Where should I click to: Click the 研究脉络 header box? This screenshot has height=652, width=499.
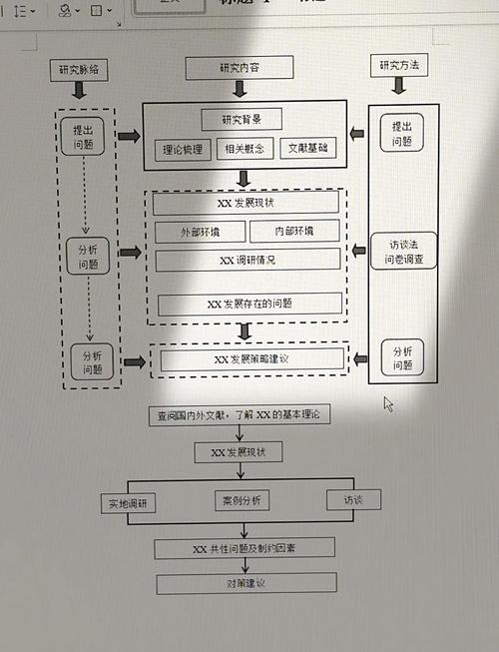pos(79,70)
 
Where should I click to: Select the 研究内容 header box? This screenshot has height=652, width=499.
pos(241,68)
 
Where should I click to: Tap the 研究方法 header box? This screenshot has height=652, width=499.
pos(399,66)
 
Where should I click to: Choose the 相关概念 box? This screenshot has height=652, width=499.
pos(244,150)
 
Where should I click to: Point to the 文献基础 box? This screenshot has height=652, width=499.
pos(306,149)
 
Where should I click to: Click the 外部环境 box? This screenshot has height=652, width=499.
pos(200,232)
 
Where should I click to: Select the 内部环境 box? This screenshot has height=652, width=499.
pos(294,232)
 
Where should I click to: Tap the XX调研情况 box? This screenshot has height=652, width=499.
pos(247,260)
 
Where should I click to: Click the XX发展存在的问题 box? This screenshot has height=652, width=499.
pos(249,304)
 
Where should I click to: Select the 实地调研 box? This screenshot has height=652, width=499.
pos(128,504)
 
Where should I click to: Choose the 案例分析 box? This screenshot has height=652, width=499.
pos(242,500)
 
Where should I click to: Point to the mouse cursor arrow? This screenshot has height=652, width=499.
pos(388,403)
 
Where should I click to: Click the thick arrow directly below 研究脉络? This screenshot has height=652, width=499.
pos(79,91)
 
